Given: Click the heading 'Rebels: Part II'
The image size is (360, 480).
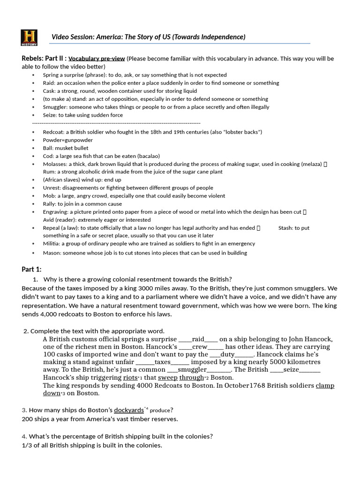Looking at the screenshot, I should pos(44,59).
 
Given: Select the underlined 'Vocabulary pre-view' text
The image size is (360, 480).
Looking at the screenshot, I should pos(97,59).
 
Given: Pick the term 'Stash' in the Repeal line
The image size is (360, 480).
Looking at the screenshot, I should pos(286,228).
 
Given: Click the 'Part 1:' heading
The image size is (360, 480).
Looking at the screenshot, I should pos(31,269).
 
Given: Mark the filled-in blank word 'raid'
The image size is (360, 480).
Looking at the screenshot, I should pos(198,339).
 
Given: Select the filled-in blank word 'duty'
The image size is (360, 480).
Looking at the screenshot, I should pos(227,354).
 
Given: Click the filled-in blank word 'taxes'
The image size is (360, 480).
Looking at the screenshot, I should pos(162,362).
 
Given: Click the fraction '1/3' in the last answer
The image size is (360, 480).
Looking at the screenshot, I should pos(27,445).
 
